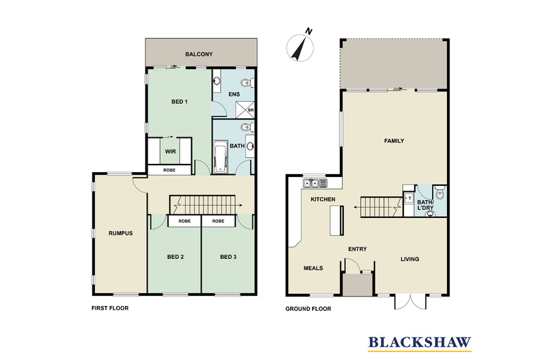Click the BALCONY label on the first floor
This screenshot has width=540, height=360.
click(x=200, y=54)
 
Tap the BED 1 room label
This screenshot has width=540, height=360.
click(x=179, y=102)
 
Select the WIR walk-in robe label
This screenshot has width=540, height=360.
click(x=170, y=152)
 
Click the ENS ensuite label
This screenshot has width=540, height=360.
click(x=233, y=94)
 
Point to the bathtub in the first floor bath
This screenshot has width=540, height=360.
click(x=221, y=157)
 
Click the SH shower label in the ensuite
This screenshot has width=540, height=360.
click(x=250, y=110)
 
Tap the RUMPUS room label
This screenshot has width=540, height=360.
click(x=120, y=233)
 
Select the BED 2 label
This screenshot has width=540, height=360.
click(x=176, y=257)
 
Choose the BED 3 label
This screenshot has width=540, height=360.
click(x=228, y=257)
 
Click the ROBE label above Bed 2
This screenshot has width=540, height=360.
click(x=185, y=221)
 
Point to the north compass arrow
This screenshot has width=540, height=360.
click(x=299, y=46)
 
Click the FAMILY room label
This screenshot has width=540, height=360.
click(x=394, y=141)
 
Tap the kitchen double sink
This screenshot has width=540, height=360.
click(x=315, y=183)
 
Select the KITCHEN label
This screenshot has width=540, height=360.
click(x=323, y=199)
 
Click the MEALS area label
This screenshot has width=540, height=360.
click(x=313, y=268)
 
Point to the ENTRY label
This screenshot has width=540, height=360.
click(x=358, y=249)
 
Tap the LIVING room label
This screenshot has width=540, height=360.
click(x=409, y=259)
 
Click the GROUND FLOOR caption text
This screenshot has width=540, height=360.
click(x=308, y=309)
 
